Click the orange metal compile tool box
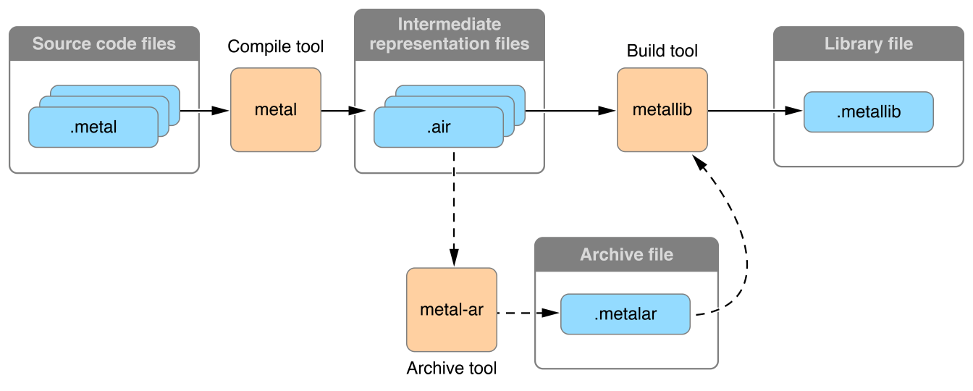[276, 110]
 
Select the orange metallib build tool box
[662, 110]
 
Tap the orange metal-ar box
[452, 310]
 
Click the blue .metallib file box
[869, 112]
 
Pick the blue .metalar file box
[625, 314]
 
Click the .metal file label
[93, 128]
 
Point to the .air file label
[439, 128]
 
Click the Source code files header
[104, 43]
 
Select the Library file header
[869, 43]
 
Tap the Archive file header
[626, 254]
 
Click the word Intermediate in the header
[450, 25]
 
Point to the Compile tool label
[276, 47]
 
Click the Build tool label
[662, 51]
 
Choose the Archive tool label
[452, 368]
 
